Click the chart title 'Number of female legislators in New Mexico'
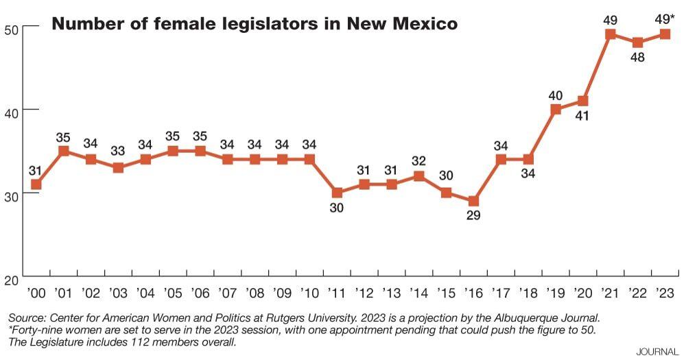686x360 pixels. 255,25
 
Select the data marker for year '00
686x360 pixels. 36,184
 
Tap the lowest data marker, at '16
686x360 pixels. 473,201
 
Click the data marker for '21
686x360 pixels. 610,34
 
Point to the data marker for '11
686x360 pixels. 337,193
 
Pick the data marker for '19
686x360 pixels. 556,109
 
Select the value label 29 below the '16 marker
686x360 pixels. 473,216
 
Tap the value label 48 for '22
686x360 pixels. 637,58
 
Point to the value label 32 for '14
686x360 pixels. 418,161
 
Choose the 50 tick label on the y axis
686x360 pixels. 11,27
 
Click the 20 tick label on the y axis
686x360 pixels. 11,280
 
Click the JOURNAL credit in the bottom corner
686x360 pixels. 658,352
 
